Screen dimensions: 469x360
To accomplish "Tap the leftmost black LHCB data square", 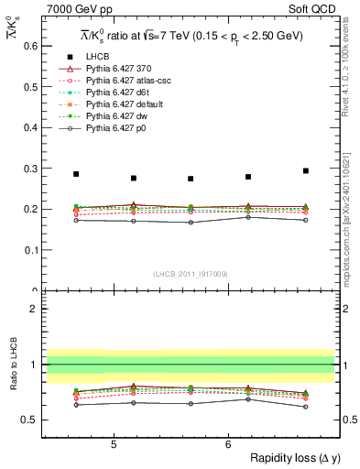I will (x=76, y=174).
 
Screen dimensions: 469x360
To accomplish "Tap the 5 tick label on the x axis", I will (x=113, y=443).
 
